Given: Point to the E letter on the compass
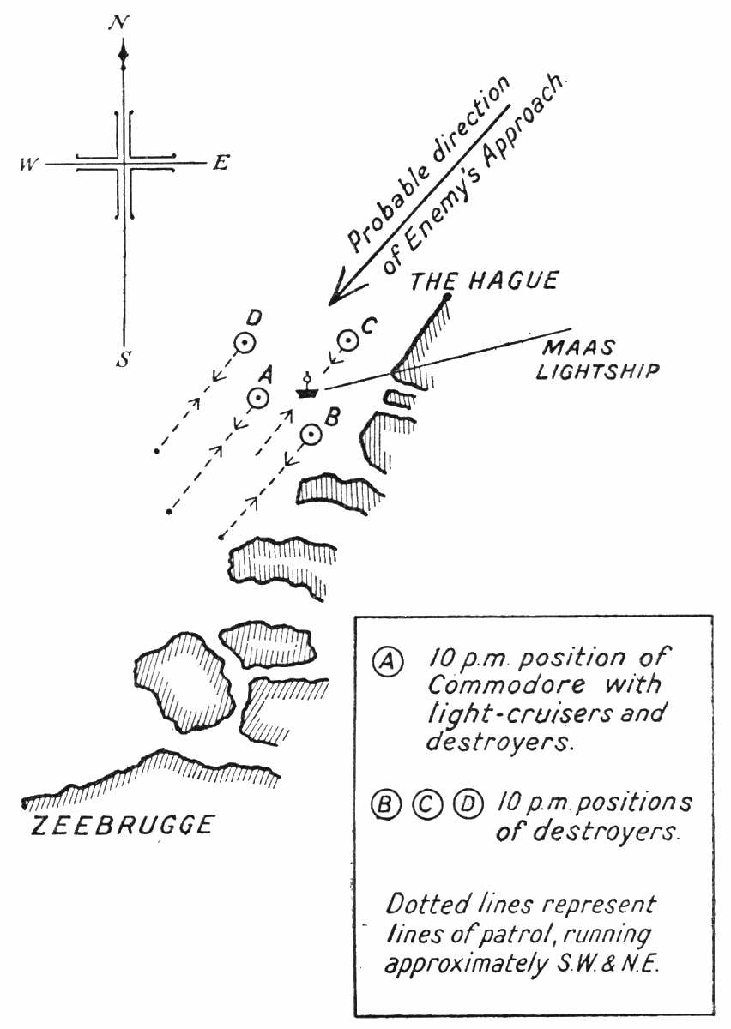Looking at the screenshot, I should [x=220, y=164].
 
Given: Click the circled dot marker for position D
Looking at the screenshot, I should [x=245, y=344].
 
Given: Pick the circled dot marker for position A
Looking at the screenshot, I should [x=257, y=398].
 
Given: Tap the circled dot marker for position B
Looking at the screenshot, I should [x=311, y=436].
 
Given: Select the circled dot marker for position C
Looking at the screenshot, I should [x=347, y=341].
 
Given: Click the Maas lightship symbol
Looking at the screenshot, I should [x=305, y=390].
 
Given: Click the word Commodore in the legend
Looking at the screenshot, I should [x=485, y=688].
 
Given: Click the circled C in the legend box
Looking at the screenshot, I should [x=426, y=804].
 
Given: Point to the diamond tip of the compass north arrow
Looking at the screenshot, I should [x=124, y=56].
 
